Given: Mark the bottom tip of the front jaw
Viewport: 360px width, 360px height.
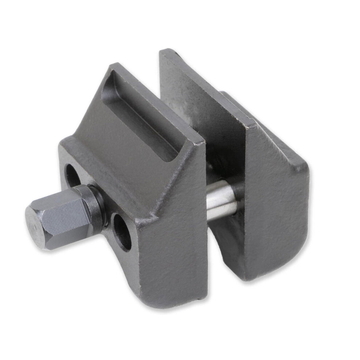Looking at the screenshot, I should coord(198,300).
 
